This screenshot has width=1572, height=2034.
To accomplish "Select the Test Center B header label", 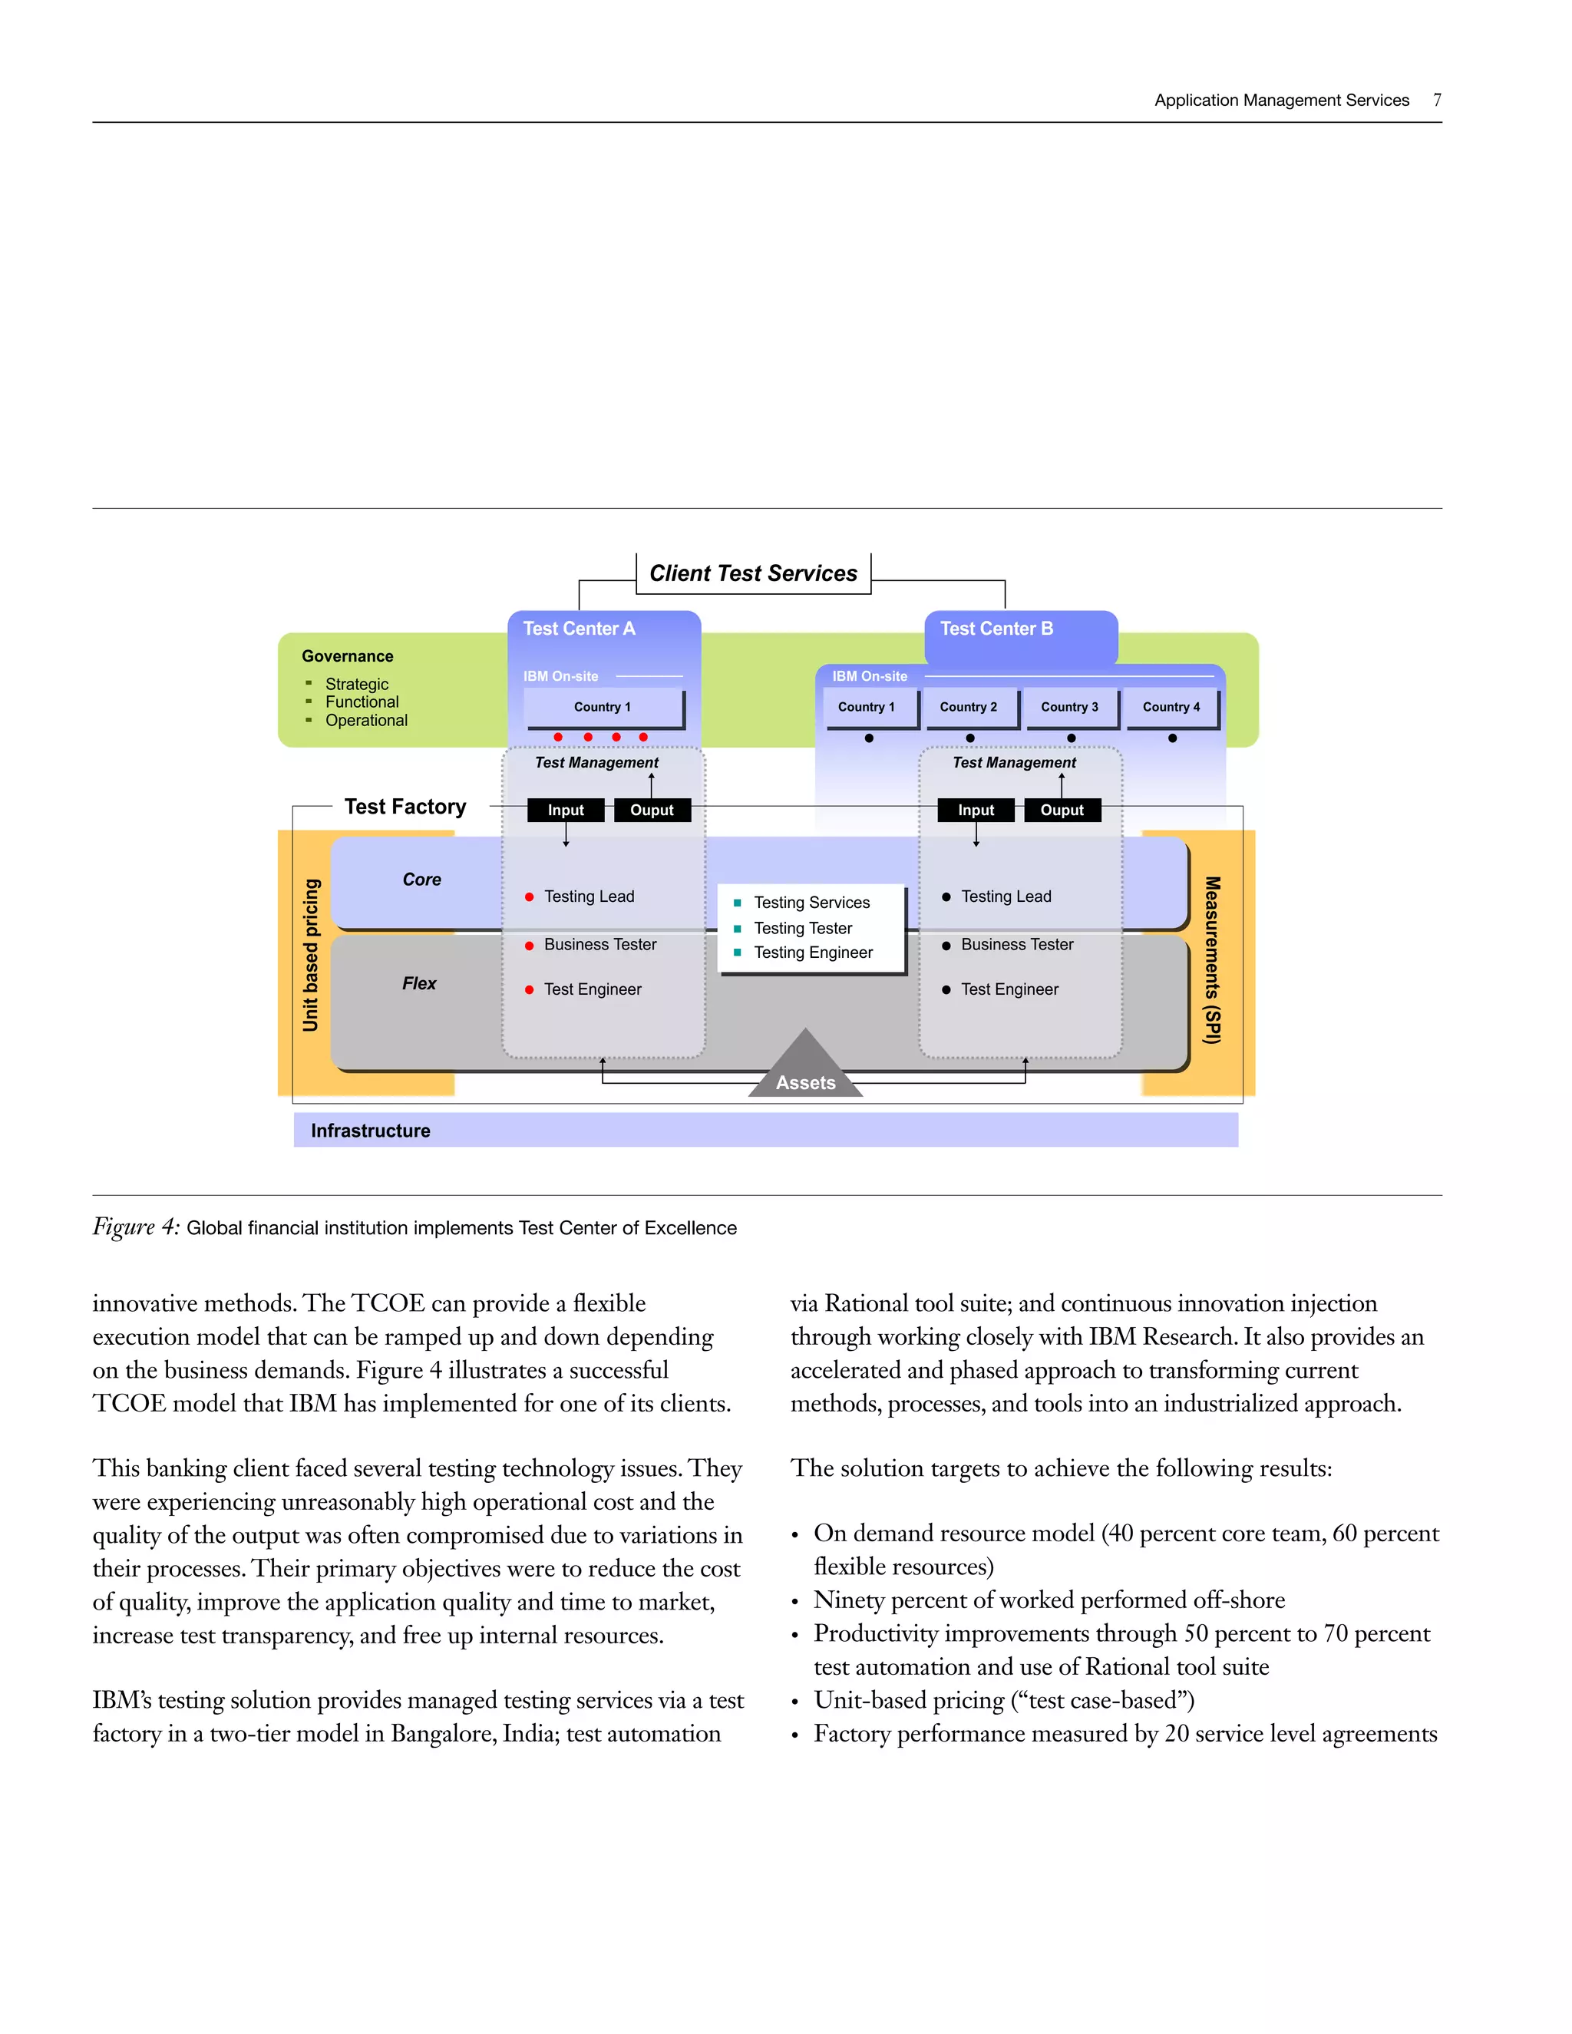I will point(996,629).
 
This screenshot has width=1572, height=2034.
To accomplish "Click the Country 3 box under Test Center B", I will point(1069,707).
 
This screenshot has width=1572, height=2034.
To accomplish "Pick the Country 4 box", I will point(1171,707).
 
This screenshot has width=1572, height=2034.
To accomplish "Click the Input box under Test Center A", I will point(565,811).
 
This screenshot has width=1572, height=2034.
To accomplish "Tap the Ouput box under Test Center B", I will point(1062,811).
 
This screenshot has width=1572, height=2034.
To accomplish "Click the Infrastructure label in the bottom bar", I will point(371,1131).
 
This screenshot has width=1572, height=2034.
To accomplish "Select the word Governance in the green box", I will point(348,656).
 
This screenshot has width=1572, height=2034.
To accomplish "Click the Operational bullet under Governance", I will point(366,721).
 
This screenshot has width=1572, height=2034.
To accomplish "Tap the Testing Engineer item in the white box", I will point(813,953).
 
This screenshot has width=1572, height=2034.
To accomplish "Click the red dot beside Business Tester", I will point(529,946).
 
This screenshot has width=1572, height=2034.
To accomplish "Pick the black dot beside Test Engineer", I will point(946,990).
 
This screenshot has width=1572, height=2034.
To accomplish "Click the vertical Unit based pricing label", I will point(310,956).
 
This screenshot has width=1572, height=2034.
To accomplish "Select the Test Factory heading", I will point(405,807).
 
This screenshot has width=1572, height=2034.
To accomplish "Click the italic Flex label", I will point(419,983).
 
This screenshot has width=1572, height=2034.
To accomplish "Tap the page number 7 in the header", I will point(1437,100).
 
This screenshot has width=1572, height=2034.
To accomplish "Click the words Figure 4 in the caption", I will point(136,1227).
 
